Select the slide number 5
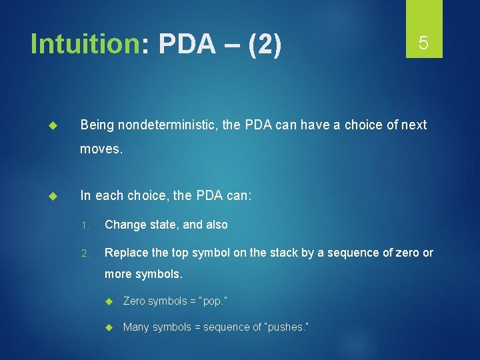pyautogui.click(x=423, y=43)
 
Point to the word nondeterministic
pyautogui.click(x=165, y=125)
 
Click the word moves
pyautogui.click(x=101, y=150)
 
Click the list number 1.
pyautogui.click(x=85, y=225)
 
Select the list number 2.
pyautogui.click(x=85, y=253)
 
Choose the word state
pyautogui.click(x=164, y=225)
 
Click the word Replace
pyautogui.click(x=126, y=253)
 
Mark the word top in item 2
pyautogui.click(x=177, y=253)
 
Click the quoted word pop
pyautogui.click(x=214, y=301)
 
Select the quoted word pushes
pyautogui.click(x=286, y=327)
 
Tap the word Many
pyautogui.click(x=136, y=327)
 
